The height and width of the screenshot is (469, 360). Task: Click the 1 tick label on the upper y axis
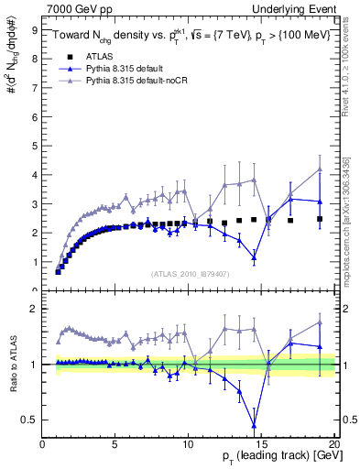35,262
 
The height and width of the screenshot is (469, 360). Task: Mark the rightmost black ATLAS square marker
320,219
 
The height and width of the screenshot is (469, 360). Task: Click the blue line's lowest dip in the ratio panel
254,425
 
